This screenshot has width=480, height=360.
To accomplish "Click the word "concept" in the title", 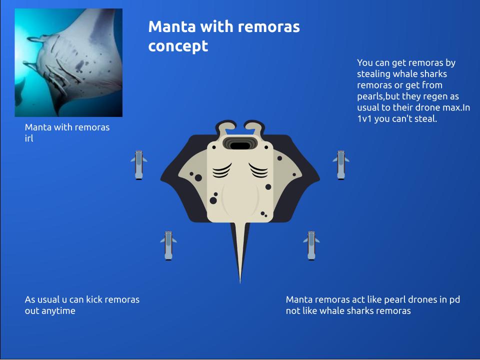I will pyautogui.click(x=178, y=46).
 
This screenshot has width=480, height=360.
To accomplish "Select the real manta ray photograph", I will pyautogui.click(x=68, y=62).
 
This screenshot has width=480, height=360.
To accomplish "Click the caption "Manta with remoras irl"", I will pyautogui.click(x=67, y=132).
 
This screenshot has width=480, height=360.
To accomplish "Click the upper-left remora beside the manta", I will pyautogui.click(x=138, y=164).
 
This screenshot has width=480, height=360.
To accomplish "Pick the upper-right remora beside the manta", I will pyautogui.click(x=341, y=164).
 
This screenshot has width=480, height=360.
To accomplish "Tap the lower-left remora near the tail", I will pyautogui.click(x=168, y=245).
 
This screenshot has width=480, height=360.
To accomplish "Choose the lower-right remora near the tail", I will pyautogui.click(x=311, y=245).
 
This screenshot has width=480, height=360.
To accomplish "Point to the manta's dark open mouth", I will pyautogui.click(x=241, y=145).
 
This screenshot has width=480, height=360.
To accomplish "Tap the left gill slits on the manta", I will pyautogui.click(x=221, y=170).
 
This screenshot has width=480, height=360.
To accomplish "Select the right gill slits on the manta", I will pyautogui.click(x=259, y=170).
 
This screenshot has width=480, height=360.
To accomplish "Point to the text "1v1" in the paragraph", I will pyautogui.click(x=364, y=119).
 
